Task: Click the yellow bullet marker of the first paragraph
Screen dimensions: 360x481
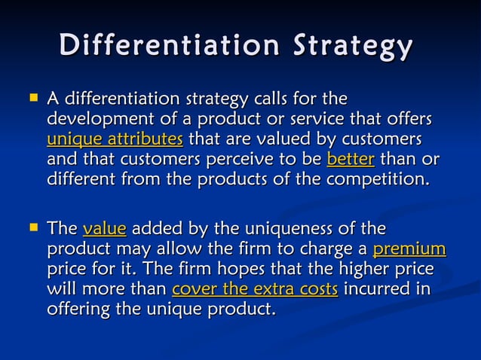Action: pyautogui.click(x=32, y=97)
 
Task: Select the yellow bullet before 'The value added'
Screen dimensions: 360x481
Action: pyautogui.click(x=32, y=227)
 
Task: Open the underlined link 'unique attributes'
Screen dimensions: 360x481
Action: pyautogui.click(x=115, y=139)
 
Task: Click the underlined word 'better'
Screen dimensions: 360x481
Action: pyautogui.click(x=351, y=160)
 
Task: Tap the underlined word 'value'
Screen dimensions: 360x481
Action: pyautogui.click(x=104, y=228)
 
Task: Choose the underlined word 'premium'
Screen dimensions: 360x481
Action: pyautogui.click(x=409, y=249)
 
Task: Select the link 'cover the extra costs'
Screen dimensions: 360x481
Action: pyautogui.click(x=255, y=289)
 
